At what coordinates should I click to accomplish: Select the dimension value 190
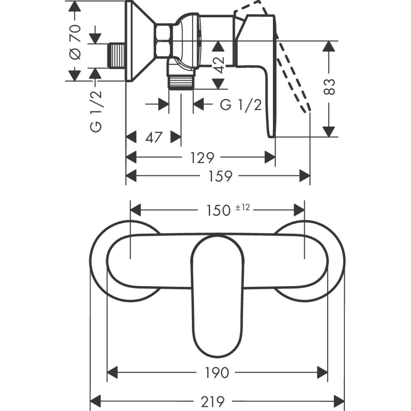coord(217,373)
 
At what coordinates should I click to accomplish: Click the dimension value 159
coord(220,176)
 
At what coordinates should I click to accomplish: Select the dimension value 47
coord(153,137)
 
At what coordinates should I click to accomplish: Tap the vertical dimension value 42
coord(219,64)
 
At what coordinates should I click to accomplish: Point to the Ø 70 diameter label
coord(75,42)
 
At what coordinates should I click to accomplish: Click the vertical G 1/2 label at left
coord(96,111)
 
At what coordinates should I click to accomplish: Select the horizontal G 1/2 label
coord(241,105)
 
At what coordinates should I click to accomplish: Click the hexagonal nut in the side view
coord(164,40)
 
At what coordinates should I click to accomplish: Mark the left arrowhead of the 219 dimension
coord(95,399)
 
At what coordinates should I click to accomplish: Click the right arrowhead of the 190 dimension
coord(323,373)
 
